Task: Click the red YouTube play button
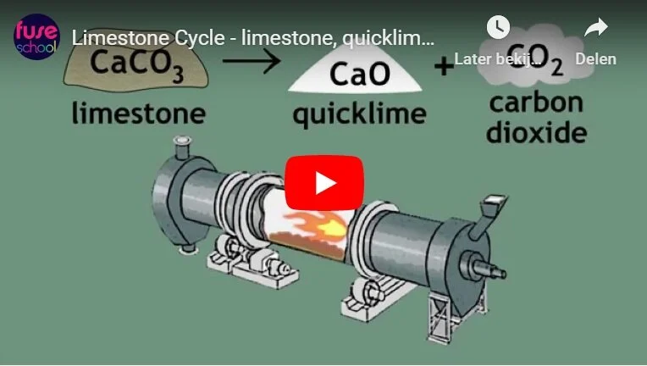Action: pyautogui.click(x=324, y=183)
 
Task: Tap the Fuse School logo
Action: pyautogui.click(x=36, y=36)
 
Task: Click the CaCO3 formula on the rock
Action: pyautogui.click(x=136, y=64)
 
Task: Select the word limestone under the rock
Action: pyautogui.click(x=139, y=113)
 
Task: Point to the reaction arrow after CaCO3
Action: pyautogui.click(x=252, y=61)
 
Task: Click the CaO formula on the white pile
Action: pyautogui.click(x=360, y=74)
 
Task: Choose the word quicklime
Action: pyautogui.click(x=359, y=114)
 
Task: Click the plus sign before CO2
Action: pyautogui.click(x=444, y=67)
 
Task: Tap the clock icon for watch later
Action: pyautogui.click(x=498, y=27)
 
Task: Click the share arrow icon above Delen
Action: pyautogui.click(x=596, y=27)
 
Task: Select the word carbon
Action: pyautogui.click(x=536, y=103)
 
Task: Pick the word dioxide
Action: pyautogui.click(x=536, y=132)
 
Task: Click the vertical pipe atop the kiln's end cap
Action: pyautogui.click(x=182, y=147)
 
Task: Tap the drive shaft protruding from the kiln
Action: pyautogui.click(x=489, y=269)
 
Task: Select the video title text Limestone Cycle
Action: pyautogui.click(x=148, y=38)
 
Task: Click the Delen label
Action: pyautogui.click(x=596, y=59)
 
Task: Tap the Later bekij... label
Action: pyautogui.click(x=498, y=59)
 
